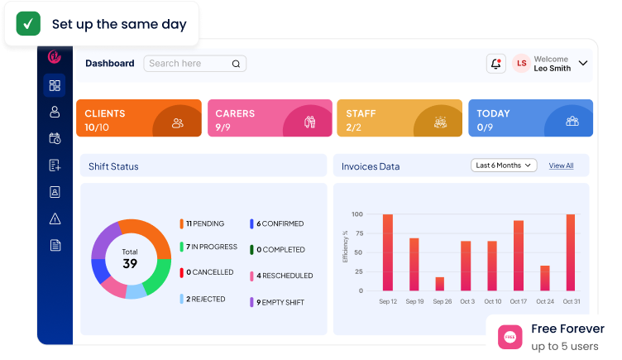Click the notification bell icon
[x=495, y=64]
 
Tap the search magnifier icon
[x=236, y=64]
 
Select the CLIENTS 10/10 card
[x=139, y=118]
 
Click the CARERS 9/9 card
[x=270, y=118]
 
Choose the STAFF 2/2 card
[x=400, y=118]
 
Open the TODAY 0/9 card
[x=531, y=118]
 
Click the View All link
[x=561, y=166]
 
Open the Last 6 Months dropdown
[x=504, y=166]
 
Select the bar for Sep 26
[x=439, y=284]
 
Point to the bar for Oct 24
[x=545, y=278]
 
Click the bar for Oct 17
[x=519, y=256]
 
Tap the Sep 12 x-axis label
[x=388, y=301]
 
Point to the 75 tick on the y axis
[x=359, y=233]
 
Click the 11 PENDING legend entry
[x=203, y=223]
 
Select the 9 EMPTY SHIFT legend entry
[x=277, y=302]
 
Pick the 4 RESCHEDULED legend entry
[x=282, y=276]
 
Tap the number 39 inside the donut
[x=130, y=263]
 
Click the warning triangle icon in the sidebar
[x=55, y=218]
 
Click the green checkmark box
[x=28, y=23]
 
